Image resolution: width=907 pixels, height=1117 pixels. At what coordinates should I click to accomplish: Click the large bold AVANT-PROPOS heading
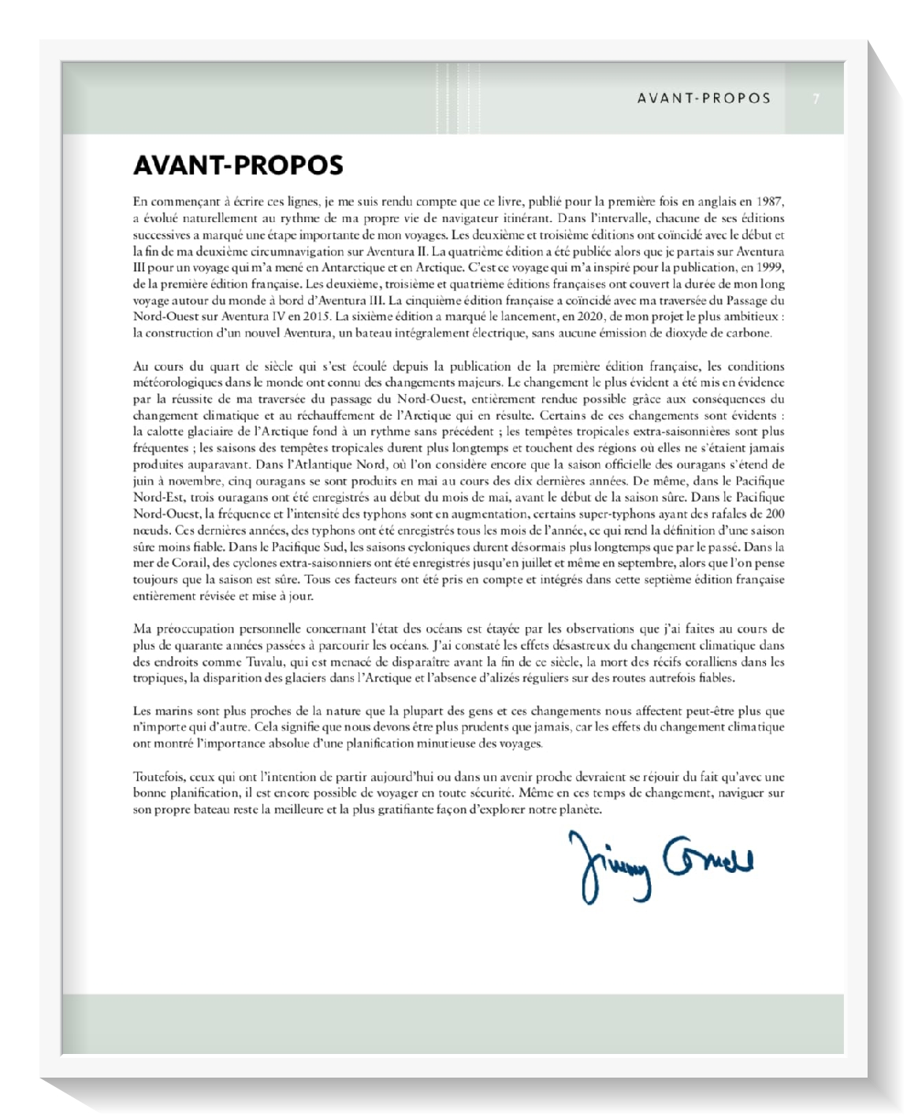tap(238, 165)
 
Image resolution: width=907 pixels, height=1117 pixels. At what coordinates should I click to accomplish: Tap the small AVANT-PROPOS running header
tap(704, 98)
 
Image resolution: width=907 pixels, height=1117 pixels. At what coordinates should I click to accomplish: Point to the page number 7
tap(816, 98)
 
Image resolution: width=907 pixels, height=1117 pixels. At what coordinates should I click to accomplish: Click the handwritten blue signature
tap(660, 864)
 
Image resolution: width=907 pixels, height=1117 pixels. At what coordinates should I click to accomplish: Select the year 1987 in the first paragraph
tap(768, 202)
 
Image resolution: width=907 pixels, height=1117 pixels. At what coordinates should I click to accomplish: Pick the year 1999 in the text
tap(768, 267)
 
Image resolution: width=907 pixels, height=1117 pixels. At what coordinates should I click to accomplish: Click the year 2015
tap(315, 317)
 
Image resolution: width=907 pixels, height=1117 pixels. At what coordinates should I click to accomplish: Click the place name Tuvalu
tap(265, 662)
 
